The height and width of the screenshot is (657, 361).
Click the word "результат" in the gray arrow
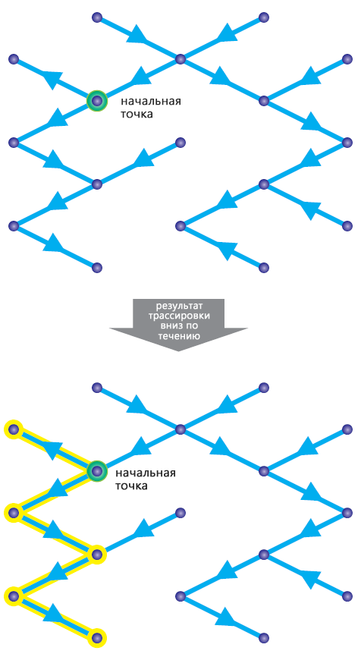[x=178, y=306]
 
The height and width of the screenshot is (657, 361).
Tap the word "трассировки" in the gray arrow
[x=178, y=316]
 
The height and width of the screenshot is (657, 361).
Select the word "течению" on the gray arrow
[x=178, y=335]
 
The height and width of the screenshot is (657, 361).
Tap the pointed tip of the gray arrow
[x=178, y=351]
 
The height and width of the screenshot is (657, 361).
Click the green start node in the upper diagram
[x=97, y=101]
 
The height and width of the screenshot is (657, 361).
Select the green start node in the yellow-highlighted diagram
[x=97, y=471]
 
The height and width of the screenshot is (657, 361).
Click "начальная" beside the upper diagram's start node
[x=151, y=102]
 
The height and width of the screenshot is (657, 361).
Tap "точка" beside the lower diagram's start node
[x=131, y=486]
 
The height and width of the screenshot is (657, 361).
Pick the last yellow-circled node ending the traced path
[x=97, y=638]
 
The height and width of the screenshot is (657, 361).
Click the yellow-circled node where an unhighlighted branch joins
[x=97, y=554]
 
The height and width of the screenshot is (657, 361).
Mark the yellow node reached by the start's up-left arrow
[x=14, y=429]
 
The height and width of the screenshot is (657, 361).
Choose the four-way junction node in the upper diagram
[x=180, y=59]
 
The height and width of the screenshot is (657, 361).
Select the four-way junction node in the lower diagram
[x=180, y=429]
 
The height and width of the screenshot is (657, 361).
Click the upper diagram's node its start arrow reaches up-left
[x=14, y=59]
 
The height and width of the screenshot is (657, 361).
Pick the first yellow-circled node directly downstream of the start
[x=14, y=512]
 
